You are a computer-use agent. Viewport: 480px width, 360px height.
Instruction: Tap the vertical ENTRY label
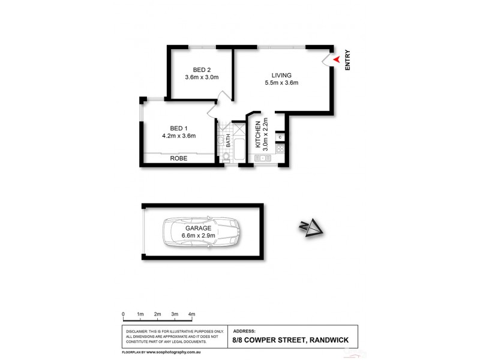(x=348, y=61)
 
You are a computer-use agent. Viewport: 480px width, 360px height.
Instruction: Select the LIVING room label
(x=281, y=75)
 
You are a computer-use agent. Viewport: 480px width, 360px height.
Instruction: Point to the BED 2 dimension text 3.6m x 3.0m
(x=202, y=77)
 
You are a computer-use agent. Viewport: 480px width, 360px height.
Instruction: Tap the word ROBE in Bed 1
(x=179, y=158)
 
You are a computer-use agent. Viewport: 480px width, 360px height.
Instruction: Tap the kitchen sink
(x=262, y=158)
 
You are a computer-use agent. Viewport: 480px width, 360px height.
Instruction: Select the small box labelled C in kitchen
(x=280, y=138)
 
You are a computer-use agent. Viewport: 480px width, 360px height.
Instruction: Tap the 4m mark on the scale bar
(x=192, y=314)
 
